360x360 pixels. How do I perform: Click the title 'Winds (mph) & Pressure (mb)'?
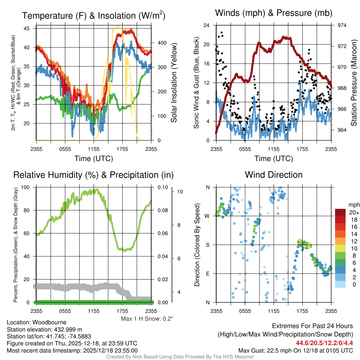pyautogui.click(x=274, y=13)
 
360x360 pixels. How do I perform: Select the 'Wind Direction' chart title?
pyautogui.click(x=274, y=175)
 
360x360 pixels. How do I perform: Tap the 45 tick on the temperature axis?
pyautogui.click(x=30, y=28)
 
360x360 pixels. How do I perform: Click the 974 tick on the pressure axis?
pyautogui.click(x=342, y=25)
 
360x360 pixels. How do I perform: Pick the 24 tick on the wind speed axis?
pyautogui.click(x=206, y=25)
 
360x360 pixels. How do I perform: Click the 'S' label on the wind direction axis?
pyautogui.click(x=207, y=245)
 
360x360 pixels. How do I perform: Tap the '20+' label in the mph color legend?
pyautogui.click(x=352, y=212)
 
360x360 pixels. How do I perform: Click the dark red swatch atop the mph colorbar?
pyautogui.click(x=341, y=212)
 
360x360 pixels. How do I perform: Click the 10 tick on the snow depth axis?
pyautogui.click(x=180, y=192)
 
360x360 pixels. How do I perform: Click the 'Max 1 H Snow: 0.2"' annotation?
pyautogui.click(x=147, y=319)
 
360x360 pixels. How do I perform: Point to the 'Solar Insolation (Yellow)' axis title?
pyautogui.click(x=174, y=83)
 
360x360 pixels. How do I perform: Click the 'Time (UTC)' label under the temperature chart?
pyautogui.click(x=94, y=159)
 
